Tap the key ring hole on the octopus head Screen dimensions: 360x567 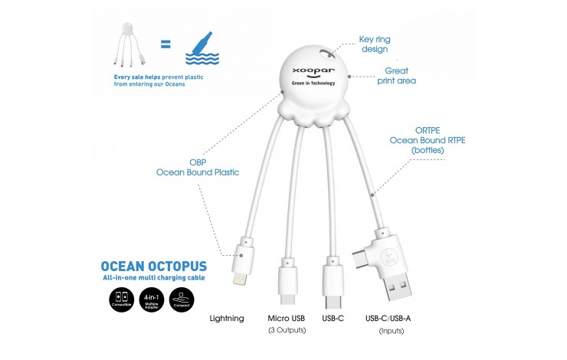click(x=331, y=54)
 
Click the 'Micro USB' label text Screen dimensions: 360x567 click(x=287, y=318)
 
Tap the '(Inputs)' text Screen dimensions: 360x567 click(x=392, y=331)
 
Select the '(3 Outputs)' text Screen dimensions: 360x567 click(x=287, y=331)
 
